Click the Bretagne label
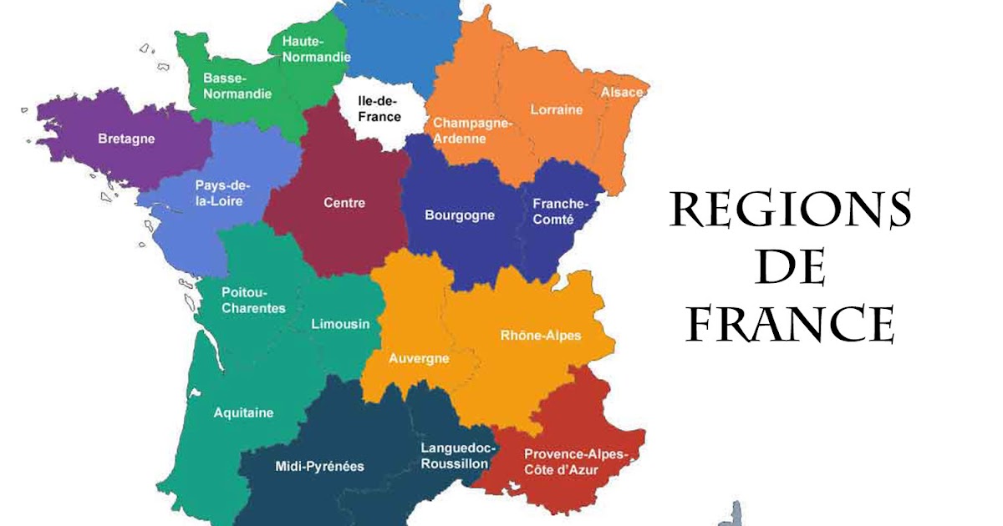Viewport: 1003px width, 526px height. (126, 139)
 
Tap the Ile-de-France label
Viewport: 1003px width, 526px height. (379, 109)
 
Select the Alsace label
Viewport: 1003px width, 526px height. (622, 92)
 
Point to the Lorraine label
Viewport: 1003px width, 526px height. (557, 109)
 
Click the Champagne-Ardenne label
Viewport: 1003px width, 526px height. (471, 130)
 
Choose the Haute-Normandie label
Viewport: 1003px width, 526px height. (316, 48)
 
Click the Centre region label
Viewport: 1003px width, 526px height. (344, 202)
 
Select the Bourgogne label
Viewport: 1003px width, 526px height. (460, 215)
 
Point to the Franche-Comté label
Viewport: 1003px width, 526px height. (560, 211)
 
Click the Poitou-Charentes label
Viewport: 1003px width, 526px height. (253, 300)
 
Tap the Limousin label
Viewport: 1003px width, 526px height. (340, 324)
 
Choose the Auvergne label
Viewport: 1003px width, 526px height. (420, 358)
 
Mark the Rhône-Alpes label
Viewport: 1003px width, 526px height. (540, 335)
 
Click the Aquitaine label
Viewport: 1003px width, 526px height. (243, 412)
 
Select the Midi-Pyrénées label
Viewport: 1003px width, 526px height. (320, 466)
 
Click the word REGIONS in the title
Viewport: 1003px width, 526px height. (790, 210)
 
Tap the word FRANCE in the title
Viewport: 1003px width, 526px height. (790, 324)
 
